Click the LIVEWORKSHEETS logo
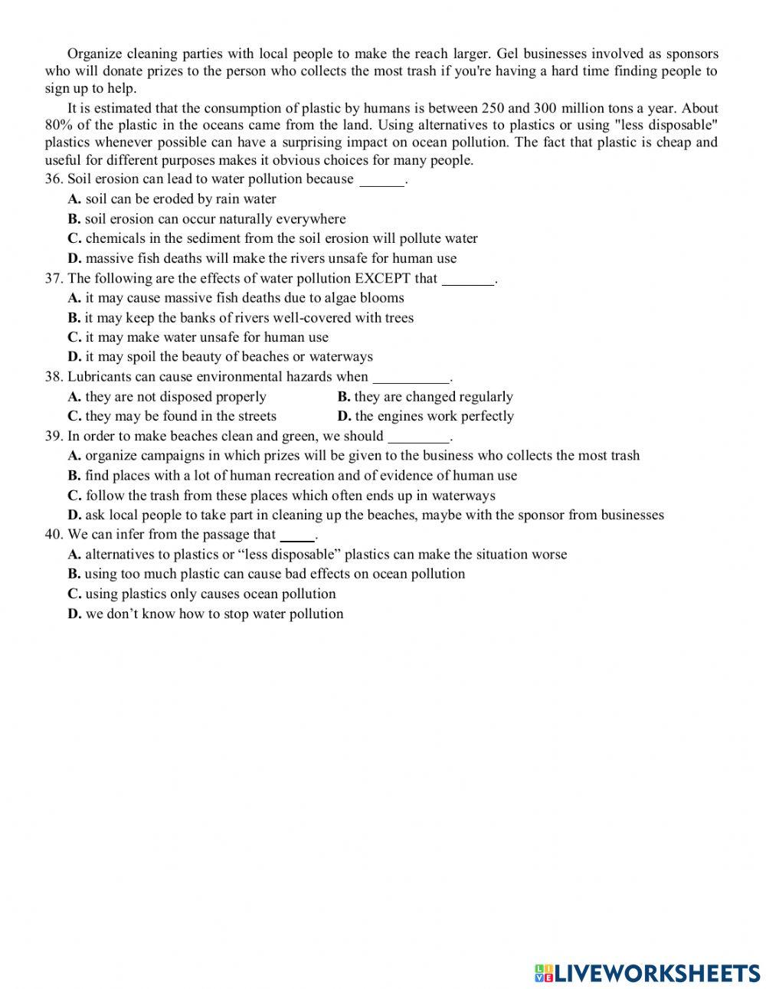tap(647, 972)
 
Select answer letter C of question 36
tap(74, 238)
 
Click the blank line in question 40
tap(297, 535)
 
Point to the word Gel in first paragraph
tap(507, 54)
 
